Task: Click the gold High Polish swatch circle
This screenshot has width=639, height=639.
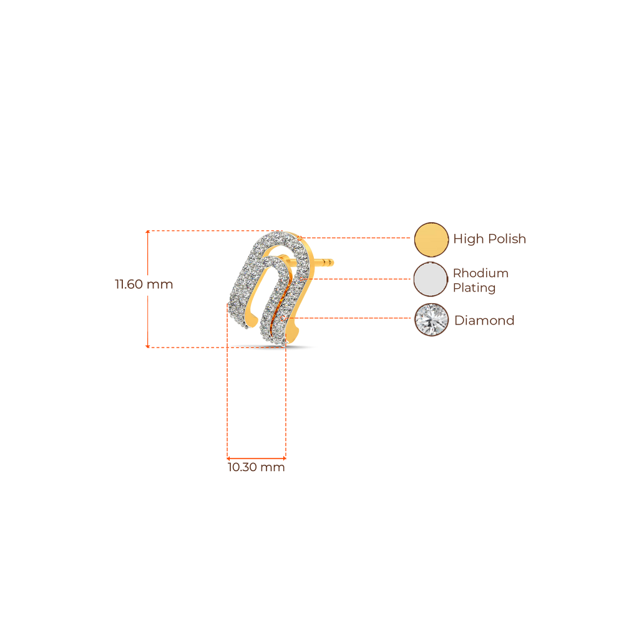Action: (x=431, y=239)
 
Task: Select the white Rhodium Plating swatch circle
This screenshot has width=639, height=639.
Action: (x=431, y=279)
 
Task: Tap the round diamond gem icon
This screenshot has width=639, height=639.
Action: (x=431, y=320)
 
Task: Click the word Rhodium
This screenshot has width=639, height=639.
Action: (x=480, y=273)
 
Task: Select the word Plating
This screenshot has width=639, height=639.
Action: (x=474, y=288)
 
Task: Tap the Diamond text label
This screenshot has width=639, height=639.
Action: (x=484, y=321)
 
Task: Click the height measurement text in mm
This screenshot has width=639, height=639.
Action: (x=144, y=285)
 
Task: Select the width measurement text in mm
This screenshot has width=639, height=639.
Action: (x=256, y=467)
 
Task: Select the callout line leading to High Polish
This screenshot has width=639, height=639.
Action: (x=356, y=238)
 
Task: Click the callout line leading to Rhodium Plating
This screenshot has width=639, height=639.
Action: (x=362, y=279)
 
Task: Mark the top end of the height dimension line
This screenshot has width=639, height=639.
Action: (x=147, y=232)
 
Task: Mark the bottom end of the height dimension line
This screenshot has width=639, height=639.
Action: (x=147, y=346)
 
